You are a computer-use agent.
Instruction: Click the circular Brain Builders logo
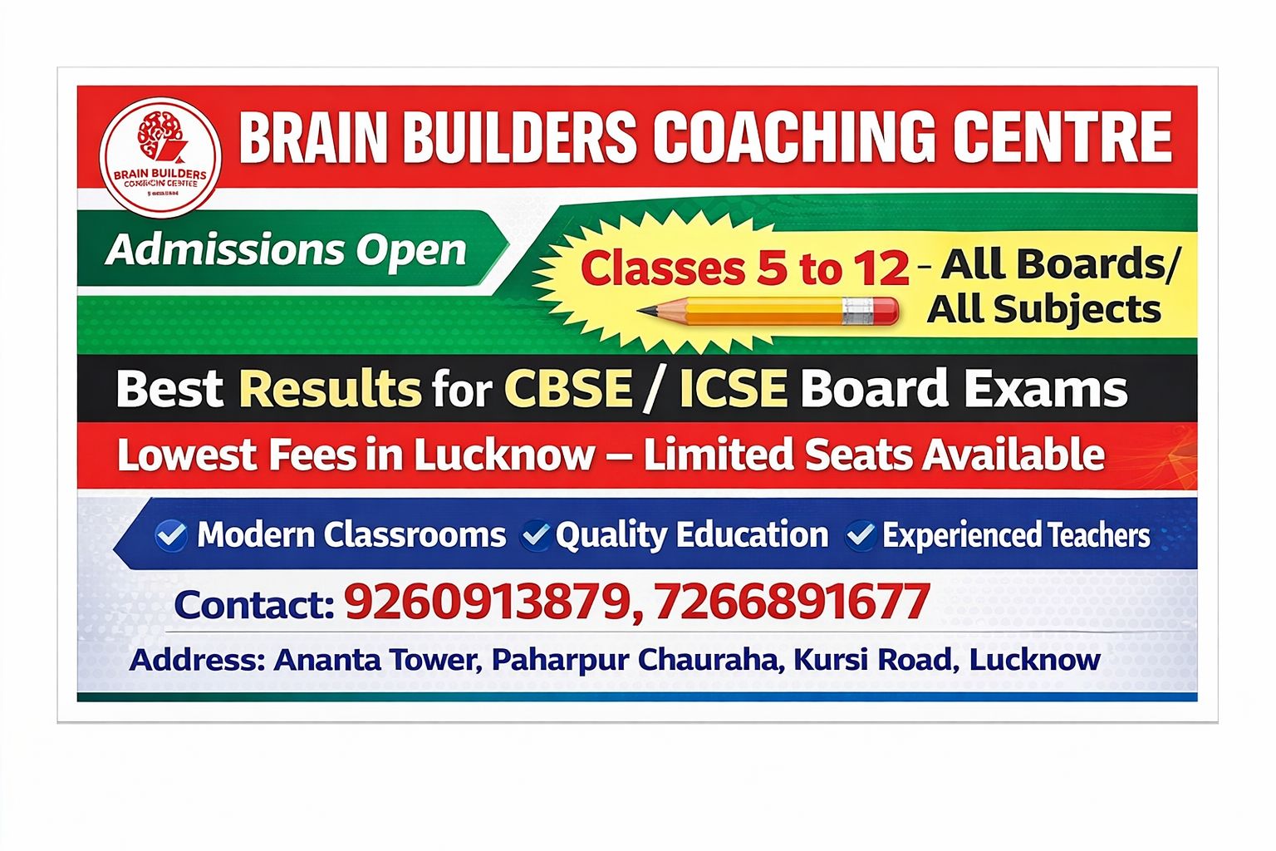pos(160,157)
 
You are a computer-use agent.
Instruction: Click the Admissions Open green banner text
pos(287,250)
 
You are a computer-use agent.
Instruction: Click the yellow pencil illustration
pos(768,312)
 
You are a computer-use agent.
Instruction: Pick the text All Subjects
pos(1043,309)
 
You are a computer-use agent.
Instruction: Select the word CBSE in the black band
pos(567,388)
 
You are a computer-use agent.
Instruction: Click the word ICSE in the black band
pos(733,388)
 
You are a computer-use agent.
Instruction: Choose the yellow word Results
pos(330,388)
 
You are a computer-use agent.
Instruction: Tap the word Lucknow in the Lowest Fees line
pos(504,455)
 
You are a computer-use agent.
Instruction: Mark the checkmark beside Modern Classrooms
pos(171,535)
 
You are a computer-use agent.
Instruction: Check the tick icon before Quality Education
pos(535,535)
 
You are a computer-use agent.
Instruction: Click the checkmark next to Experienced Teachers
pos(861,535)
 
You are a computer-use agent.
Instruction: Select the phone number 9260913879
pos(486,603)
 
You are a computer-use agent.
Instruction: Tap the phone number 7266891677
pos(791,603)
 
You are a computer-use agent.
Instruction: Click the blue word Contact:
pos(253,604)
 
